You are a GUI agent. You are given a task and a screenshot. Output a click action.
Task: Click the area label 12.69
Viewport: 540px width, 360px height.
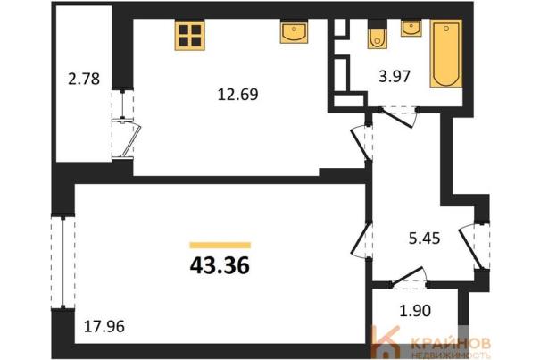[237, 94]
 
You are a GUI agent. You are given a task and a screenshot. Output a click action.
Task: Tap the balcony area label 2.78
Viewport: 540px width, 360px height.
[84, 79]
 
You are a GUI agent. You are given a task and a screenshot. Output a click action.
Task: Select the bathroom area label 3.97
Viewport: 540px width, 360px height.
[395, 76]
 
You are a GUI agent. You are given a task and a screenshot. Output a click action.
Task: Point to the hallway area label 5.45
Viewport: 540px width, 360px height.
[424, 239]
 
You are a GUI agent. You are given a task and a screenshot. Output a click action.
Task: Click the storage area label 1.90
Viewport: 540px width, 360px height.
[415, 311]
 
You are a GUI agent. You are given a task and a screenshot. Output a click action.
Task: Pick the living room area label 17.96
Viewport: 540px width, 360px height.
[104, 326]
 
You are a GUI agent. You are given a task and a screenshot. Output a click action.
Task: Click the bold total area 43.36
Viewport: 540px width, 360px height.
[220, 266]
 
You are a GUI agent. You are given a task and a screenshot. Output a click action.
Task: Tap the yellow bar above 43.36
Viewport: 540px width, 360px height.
[220, 245]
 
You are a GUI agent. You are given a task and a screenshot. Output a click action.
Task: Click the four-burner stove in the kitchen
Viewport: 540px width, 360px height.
[190, 36]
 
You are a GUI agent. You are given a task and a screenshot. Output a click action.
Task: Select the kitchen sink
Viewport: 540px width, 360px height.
[294, 32]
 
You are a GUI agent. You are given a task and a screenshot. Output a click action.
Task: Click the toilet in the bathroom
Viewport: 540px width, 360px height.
[377, 37]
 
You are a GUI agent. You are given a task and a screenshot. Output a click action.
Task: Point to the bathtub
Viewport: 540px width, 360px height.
[446, 54]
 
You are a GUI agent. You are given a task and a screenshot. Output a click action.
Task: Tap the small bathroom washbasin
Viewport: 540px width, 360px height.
[411, 29]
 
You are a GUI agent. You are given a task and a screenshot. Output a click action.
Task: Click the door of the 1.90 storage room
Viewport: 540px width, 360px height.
[409, 278]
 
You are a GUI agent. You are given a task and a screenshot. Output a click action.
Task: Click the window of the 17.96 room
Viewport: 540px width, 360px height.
[63, 262]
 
